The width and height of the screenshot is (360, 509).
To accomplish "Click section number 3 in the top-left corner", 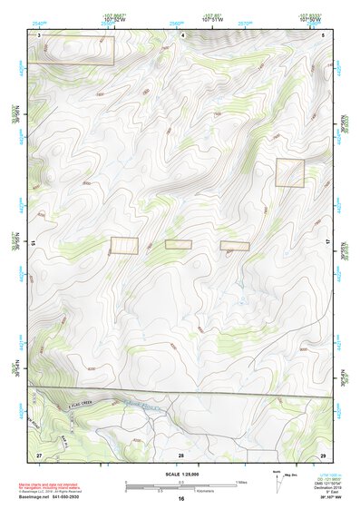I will pos(39,34).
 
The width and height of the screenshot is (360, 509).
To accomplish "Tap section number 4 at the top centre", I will pos(183,34).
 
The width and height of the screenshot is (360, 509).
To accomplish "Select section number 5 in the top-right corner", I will pos(324,34).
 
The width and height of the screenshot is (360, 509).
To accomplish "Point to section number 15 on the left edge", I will pos(32,244).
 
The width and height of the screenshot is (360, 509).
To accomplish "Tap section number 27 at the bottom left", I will pos(39,454).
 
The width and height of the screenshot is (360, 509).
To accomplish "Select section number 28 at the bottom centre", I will pos(181,454).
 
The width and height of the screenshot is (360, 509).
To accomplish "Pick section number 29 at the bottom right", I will pos(324,454).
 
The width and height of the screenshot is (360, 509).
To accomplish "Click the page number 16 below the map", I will pos(181,499).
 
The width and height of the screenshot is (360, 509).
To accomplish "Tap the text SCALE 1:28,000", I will pos(180,475).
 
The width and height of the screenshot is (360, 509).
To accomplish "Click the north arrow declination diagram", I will pos(277,482).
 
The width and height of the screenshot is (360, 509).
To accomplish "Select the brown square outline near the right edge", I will pos(290,172).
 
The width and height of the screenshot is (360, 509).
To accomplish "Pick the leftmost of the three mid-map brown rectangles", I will pos(124,245).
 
